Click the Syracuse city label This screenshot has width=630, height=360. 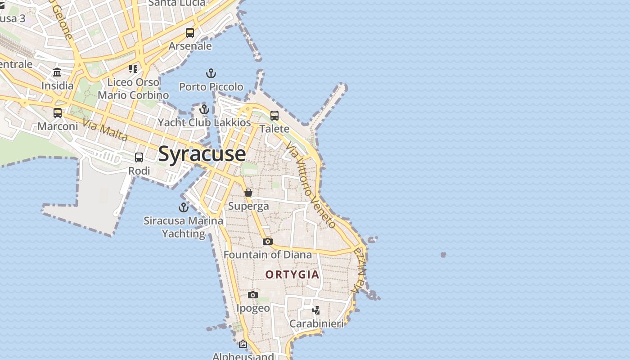pos(202,154)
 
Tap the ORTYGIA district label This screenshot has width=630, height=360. pos(292,274)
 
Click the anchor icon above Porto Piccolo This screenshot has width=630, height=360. pos(211,73)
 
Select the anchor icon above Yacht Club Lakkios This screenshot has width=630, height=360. pos(204,109)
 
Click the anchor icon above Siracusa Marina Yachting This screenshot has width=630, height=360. pos(183,207)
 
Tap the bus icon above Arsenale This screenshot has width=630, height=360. pos(190,33)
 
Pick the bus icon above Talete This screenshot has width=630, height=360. pos(274,116)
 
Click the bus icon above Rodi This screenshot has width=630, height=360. pos(139,157)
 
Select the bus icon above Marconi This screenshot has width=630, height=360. pos(58,113)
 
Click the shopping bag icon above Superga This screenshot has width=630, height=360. pos(248,193)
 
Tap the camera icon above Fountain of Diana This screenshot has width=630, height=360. pos(268,242)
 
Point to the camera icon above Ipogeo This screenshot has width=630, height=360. pos(253,295)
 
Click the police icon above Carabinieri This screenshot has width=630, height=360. pos(316,310)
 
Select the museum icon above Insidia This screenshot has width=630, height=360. pos(57,72)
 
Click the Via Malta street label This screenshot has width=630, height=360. pos(105,130)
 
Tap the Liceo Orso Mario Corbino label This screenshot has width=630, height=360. pos(133,89)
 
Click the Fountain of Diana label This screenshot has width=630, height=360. pos(268,255)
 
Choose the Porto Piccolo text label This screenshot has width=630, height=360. pos(211,86)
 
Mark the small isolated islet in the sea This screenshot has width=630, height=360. pos(443,255)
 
